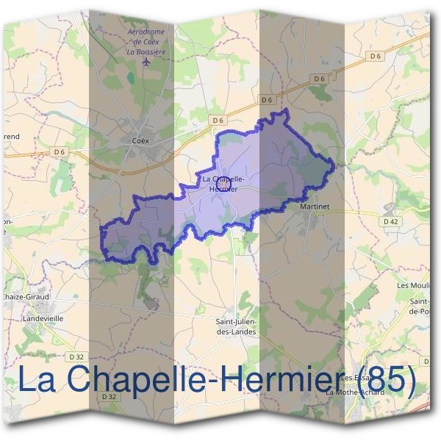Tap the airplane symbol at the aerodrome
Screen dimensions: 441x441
(146, 62)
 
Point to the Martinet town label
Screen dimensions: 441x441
(315, 208)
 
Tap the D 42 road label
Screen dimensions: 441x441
(390, 220)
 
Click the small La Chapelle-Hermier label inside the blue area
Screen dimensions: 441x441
(223, 184)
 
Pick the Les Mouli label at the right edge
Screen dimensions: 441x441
(413, 284)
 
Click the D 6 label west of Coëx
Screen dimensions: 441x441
(59, 151)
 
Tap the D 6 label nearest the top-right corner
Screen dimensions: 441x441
(375, 55)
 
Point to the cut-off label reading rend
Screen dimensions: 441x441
(11, 137)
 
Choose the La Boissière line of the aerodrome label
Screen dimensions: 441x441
(146, 51)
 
